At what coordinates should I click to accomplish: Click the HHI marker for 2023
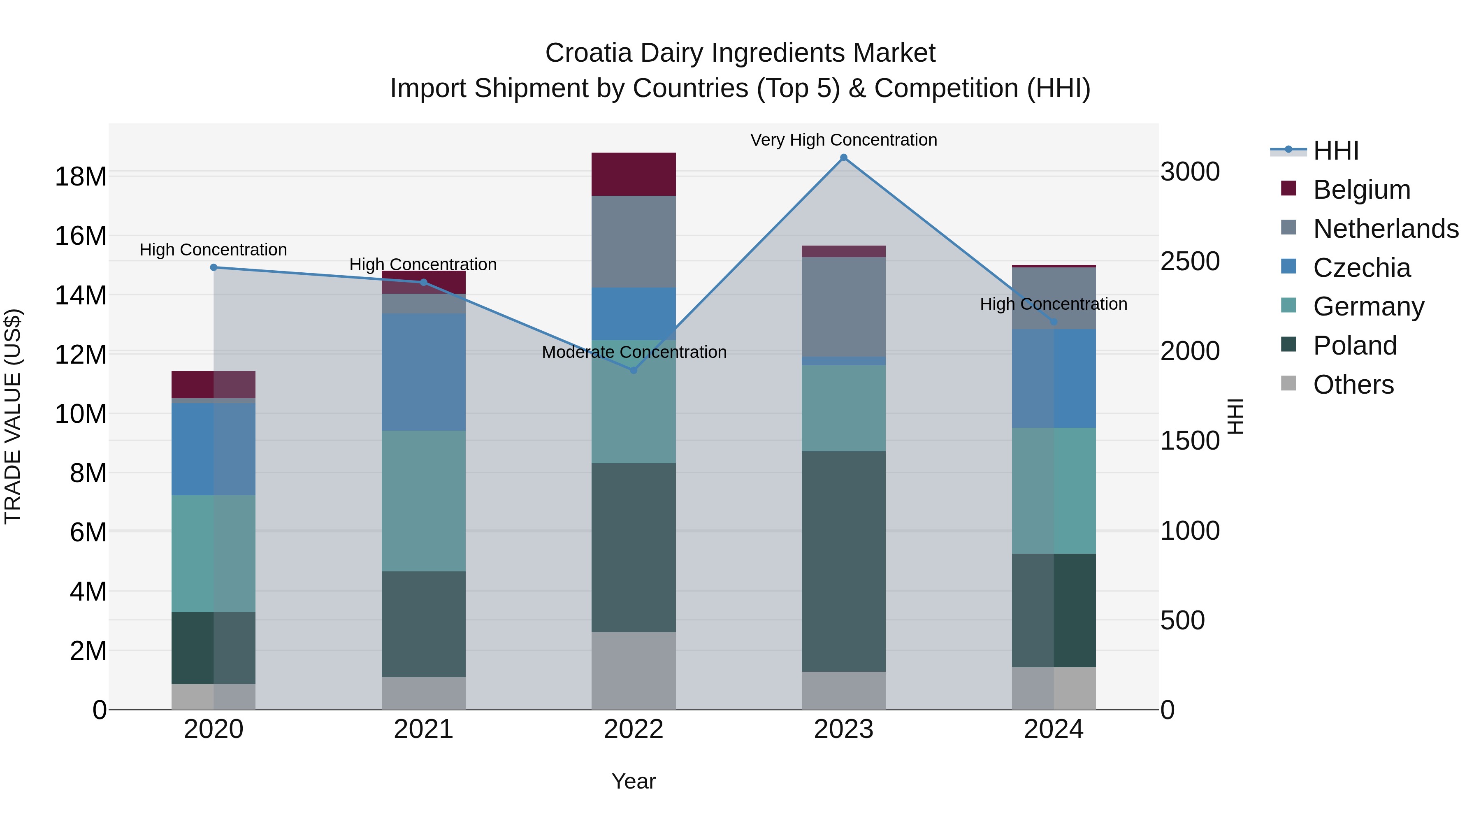[x=843, y=158]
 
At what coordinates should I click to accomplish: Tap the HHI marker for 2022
[x=634, y=370]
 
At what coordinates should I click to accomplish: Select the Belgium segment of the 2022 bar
[x=634, y=174]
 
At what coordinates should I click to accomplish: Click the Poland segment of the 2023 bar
[x=843, y=561]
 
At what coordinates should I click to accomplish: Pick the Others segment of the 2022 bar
[x=634, y=671]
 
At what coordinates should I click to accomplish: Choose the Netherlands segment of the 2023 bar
[x=843, y=306]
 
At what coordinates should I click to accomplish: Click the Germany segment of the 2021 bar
[x=424, y=501]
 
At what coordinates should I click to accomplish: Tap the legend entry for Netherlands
[x=1386, y=229]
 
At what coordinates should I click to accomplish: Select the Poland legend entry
[x=1355, y=346]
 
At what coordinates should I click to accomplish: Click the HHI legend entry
[x=1335, y=151]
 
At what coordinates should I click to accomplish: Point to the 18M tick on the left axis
[x=81, y=176]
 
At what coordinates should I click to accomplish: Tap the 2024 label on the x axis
[x=1053, y=729]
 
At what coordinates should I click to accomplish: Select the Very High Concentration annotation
[x=843, y=140]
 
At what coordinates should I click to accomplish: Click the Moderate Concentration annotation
[x=634, y=352]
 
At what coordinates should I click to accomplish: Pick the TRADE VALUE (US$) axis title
[x=13, y=416]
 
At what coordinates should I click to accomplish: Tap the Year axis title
[x=634, y=781]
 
